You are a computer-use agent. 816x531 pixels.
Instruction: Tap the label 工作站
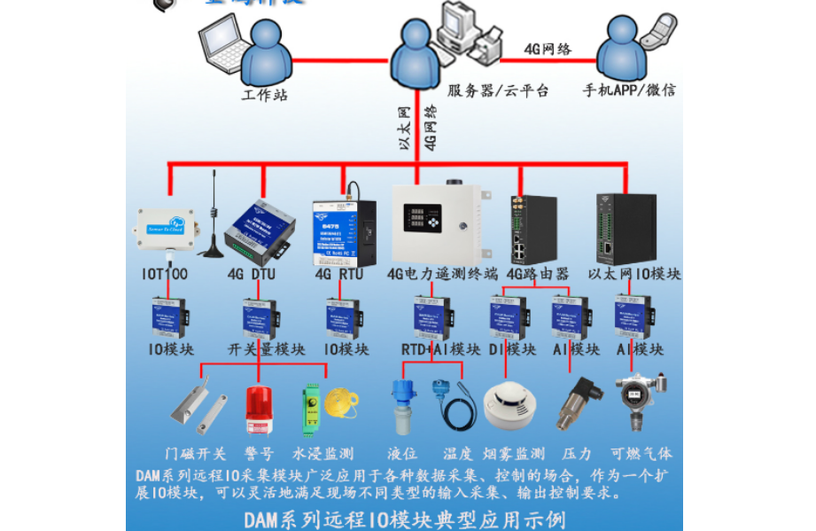pyautogui.click(x=264, y=95)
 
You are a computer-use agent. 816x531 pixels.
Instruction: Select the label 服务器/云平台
pyautogui.click(x=497, y=90)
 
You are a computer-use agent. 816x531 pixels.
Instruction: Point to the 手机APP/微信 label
pyautogui.click(x=628, y=90)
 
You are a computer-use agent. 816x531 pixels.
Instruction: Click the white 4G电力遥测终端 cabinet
pyautogui.click(x=435, y=222)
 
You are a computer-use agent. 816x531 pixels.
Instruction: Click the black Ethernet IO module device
pyautogui.click(x=626, y=228)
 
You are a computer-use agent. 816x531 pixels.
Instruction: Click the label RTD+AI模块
pyautogui.click(x=439, y=349)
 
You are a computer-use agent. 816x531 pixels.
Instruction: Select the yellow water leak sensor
pyautogui.click(x=340, y=402)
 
